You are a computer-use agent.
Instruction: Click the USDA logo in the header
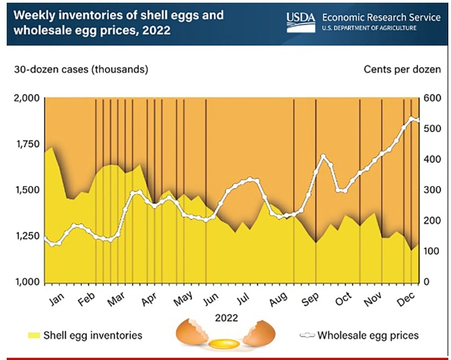pos(303,21)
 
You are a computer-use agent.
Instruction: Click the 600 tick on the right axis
pos(432,98)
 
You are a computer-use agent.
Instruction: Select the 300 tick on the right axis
pos(432,190)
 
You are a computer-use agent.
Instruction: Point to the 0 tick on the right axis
pos(427,282)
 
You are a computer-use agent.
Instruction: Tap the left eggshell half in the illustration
pos(191,333)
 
